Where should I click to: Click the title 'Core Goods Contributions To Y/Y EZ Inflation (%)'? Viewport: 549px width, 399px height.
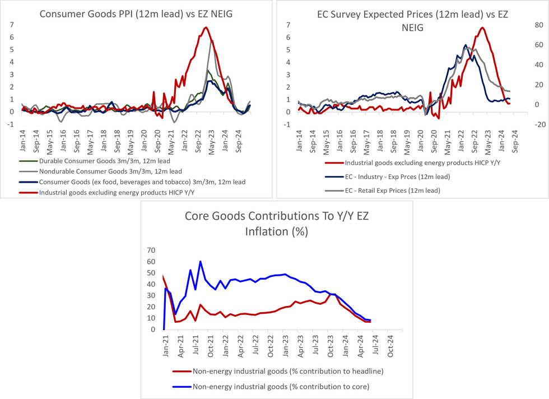278,223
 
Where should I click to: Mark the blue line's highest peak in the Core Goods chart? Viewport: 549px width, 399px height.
201,261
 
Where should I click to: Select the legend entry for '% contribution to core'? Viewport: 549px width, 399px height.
280,386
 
